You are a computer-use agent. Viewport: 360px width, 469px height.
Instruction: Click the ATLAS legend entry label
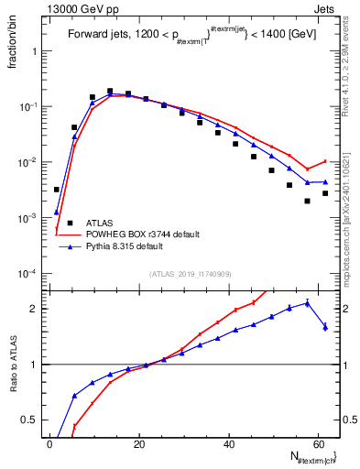pos(100,223)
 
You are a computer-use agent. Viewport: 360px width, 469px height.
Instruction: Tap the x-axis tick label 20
pos(139,442)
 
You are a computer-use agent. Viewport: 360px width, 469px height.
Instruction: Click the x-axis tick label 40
pos(229,442)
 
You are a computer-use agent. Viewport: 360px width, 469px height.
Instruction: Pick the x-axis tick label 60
pos(318,442)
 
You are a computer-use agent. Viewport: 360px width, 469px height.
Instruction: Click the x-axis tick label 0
pos(50,442)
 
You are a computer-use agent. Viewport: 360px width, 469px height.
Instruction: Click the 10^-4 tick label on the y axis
pos(30,274)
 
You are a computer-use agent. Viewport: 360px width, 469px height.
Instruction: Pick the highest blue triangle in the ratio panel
pos(308,302)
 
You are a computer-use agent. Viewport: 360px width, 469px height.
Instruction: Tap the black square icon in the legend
pos(70,223)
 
